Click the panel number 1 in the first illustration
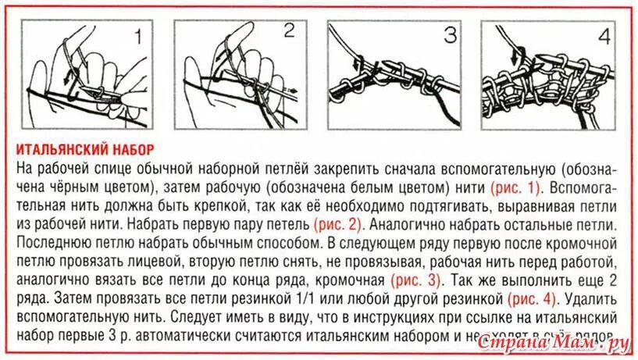tap(137, 36)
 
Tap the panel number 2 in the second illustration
tap(289, 31)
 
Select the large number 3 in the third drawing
tap(450, 35)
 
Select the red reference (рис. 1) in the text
tap(515, 187)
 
